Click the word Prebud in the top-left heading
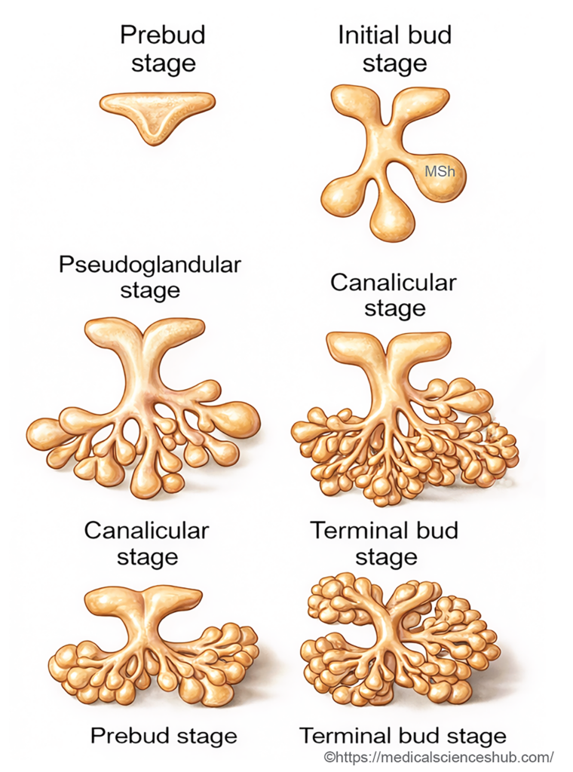pyautogui.click(x=163, y=35)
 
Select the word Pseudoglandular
pyautogui.click(x=149, y=265)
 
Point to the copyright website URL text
pyautogui.click(x=439, y=756)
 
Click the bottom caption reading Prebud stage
pyautogui.click(x=164, y=736)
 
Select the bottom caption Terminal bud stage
pyautogui.click(x=403, y=736)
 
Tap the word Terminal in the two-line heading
pyautogui.click(x=384, y=530)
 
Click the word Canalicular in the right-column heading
pyautogui.click(x=393, y=283)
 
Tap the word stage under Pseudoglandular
pyautogui.click(x=149, y=291)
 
